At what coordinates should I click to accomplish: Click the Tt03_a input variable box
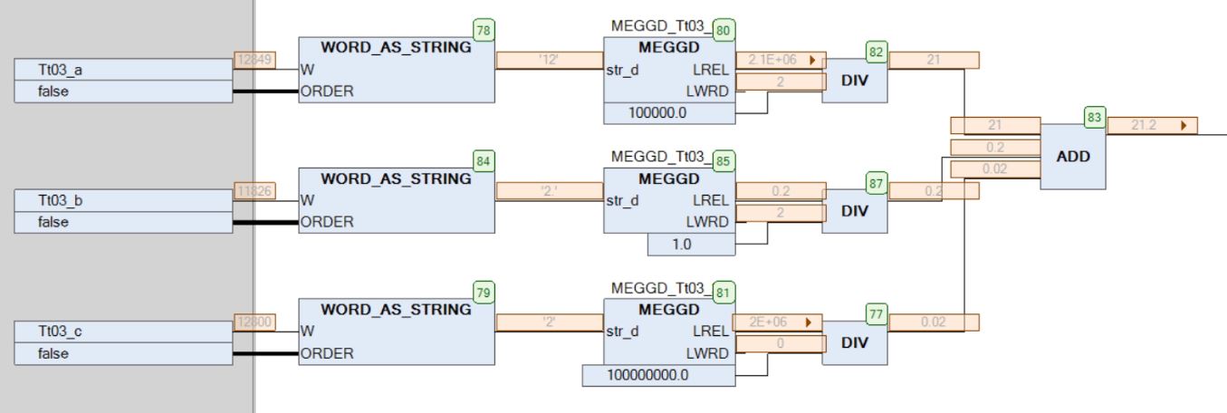pyautogui.click(x=123, y=70)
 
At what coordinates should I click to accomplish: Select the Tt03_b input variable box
pyautogui.click(x=123, y=200)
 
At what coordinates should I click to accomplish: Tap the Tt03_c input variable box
pyautogui.click(x=123, y=331)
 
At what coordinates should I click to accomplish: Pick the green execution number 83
pyautogui.click(x=1095, y=117)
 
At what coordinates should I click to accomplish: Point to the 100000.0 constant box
pyautogui.click(x=669, y=114)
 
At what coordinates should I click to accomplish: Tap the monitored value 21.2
pyautogui.click(x=1146, y=125)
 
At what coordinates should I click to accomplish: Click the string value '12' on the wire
pyautogui.click(x=549, y=60)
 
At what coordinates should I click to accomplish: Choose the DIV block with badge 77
pyautogui.click(x=855, y=342)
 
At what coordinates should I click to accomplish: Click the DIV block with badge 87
pyautogui.click(x=855, y=212)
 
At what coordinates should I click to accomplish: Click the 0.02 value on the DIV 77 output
pyautogui.click(x=933, y=321)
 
